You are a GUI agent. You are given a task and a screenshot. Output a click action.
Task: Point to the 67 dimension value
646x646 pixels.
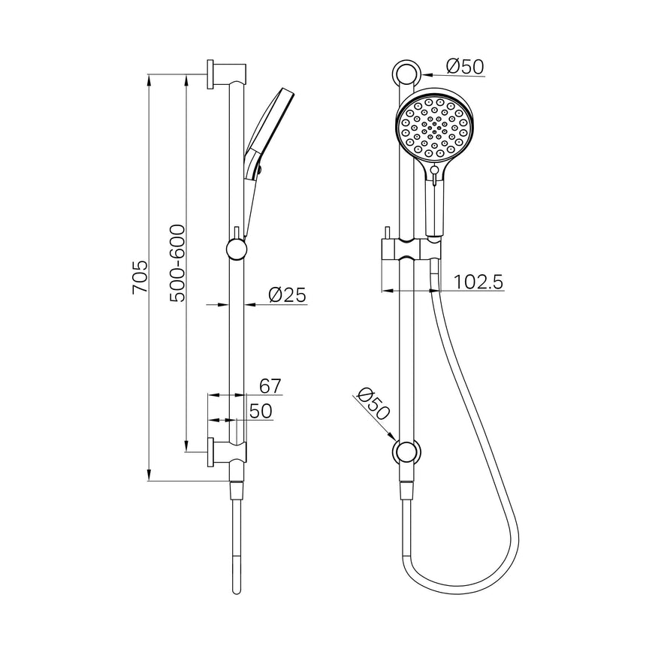[x=270, y=385]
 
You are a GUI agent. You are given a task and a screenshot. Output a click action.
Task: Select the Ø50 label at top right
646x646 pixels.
[x=465, y=67]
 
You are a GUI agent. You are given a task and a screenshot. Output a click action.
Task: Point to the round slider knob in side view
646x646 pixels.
[x=236, y=249]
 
